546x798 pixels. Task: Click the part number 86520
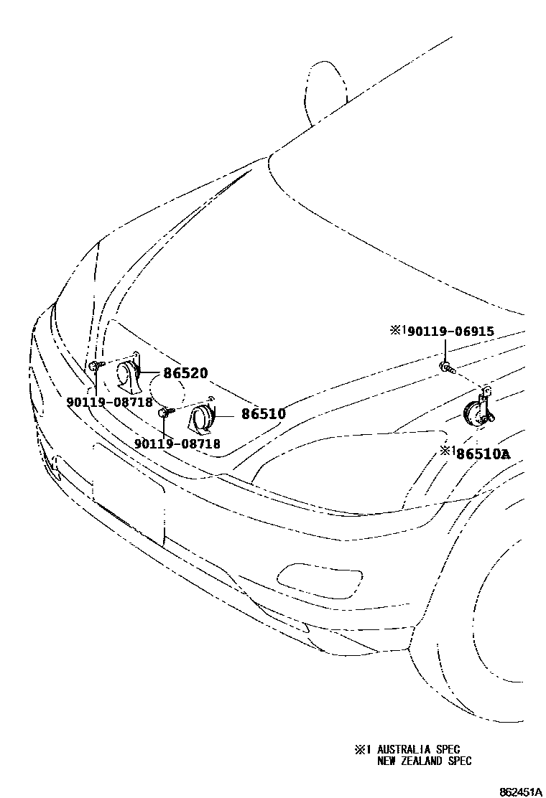point(185,373)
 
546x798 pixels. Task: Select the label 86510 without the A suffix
point(263,414)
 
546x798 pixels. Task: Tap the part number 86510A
point(485,454)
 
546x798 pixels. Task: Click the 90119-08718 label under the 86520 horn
point(109,403)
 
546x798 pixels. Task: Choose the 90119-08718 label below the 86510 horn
point(177,444)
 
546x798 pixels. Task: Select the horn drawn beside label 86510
point(200,418)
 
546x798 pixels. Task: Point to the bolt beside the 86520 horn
point(95,367)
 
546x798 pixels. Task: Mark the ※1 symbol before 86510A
point(448,451)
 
